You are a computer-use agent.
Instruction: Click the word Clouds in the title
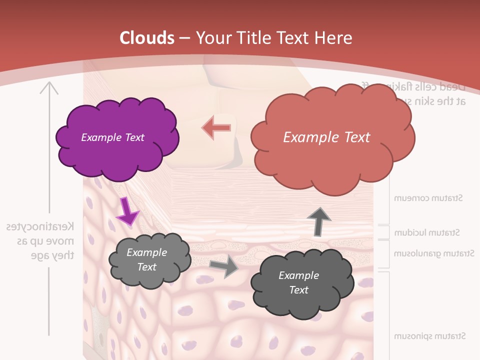pyautogui.click(x=147, y=38)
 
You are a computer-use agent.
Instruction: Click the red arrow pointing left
pyautogui.click(x=216, y=127)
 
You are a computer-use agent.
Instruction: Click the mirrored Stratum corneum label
pyautogui.click(x=428, y=198)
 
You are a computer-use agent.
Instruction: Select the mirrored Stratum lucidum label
pyautogui.click(x=427, y=232)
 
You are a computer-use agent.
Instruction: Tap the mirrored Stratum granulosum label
pyautogui.click(x=433, y=253)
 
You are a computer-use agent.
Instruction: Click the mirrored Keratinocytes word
pyautogui.click(x=40, y=226)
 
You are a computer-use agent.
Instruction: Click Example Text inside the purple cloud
pyautogui.click(x=112, y=137)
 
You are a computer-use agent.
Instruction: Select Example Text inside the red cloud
pyautogui.click(x=326, y=137)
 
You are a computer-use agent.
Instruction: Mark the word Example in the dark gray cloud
pyautogui.click(x=298, y=275)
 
